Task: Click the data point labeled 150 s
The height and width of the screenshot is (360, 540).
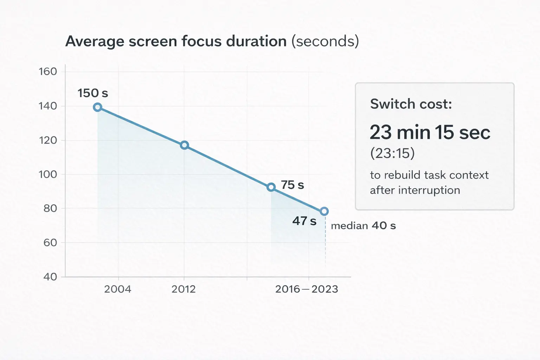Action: tap(98, 107)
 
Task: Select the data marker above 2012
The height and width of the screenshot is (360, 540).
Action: tap(184, 145)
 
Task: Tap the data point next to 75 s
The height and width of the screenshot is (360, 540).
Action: tap(271, 187)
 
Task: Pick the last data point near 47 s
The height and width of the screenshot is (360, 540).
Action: tap(324, 211)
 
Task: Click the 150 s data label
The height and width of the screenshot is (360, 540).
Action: tap(92, 93)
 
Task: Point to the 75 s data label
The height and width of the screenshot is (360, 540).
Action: tap(292, 185)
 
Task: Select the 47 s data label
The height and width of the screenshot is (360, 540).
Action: tap(304, 221)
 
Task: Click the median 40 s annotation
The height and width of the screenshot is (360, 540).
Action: tap(363, 226)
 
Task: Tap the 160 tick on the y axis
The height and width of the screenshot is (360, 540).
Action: tap(48, 72)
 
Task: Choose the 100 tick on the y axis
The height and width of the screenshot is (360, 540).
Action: tap(48, 174)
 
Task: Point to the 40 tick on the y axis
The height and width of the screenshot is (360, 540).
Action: tap(50, 277)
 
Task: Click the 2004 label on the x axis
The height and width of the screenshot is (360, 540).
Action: tap(118, 289)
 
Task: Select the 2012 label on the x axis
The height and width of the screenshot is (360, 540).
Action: tap(184, 289)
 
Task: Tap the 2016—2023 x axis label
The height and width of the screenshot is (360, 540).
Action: tap(306, 289)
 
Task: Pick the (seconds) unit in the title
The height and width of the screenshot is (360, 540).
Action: tap(325, 41)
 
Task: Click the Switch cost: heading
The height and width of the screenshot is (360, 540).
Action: tap(411, 104)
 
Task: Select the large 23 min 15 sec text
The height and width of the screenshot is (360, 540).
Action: tap(430, 133)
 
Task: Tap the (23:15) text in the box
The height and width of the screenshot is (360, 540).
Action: tap(392, 153)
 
